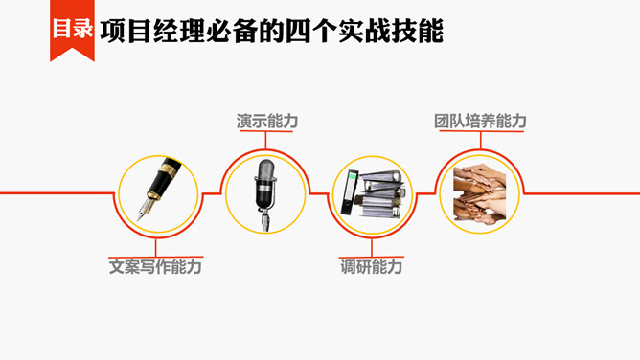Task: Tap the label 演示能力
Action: [x=267, y=122]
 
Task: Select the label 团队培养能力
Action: [x=479, y=122]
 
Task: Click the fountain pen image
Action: [x=156, y=191]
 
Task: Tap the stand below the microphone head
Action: [x=264, y=219]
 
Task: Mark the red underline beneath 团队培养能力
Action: [x=479, y=133]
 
